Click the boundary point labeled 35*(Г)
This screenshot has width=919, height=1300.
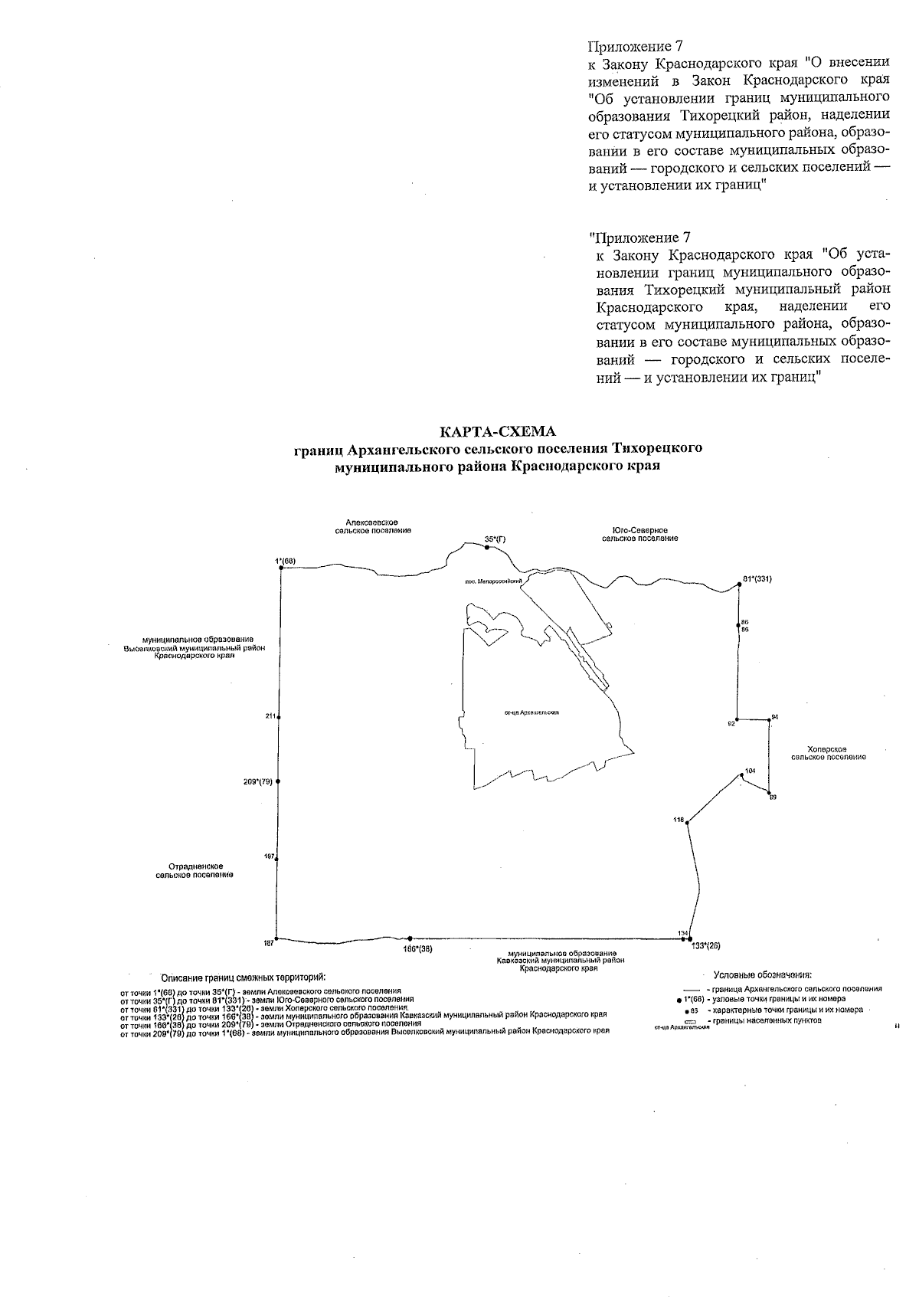click(x=486, y=548)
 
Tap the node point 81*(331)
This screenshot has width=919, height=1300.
click(x=739, y=584)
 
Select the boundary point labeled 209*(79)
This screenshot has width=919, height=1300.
click(x=279, y=781)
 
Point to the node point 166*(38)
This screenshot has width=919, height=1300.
click(x=410, y=938)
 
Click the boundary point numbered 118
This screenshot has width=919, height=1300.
click(x=687, y=823)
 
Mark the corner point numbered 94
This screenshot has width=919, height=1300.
click(x=770, y=720)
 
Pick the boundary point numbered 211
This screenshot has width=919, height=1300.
click(x=279, y=717)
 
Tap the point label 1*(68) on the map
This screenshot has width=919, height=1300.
click(x=286, y=562)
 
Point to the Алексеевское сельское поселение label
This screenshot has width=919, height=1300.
click(x=372, y=526)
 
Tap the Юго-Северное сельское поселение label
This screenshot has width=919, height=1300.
click(x=640, y=534)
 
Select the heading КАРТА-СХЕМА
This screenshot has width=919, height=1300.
click(x=499, y=431)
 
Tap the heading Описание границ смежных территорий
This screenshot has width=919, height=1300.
click(x=244, y=977)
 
